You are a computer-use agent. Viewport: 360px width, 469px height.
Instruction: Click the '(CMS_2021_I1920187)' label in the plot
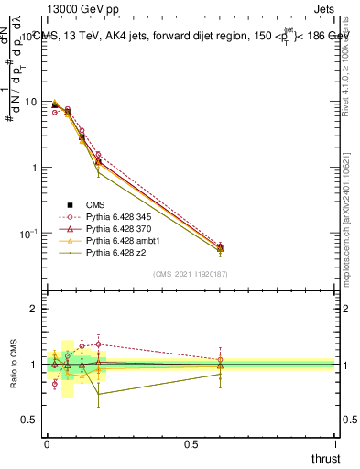coord(191,273)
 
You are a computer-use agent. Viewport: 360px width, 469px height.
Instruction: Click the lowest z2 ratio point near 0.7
coord(99,394)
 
